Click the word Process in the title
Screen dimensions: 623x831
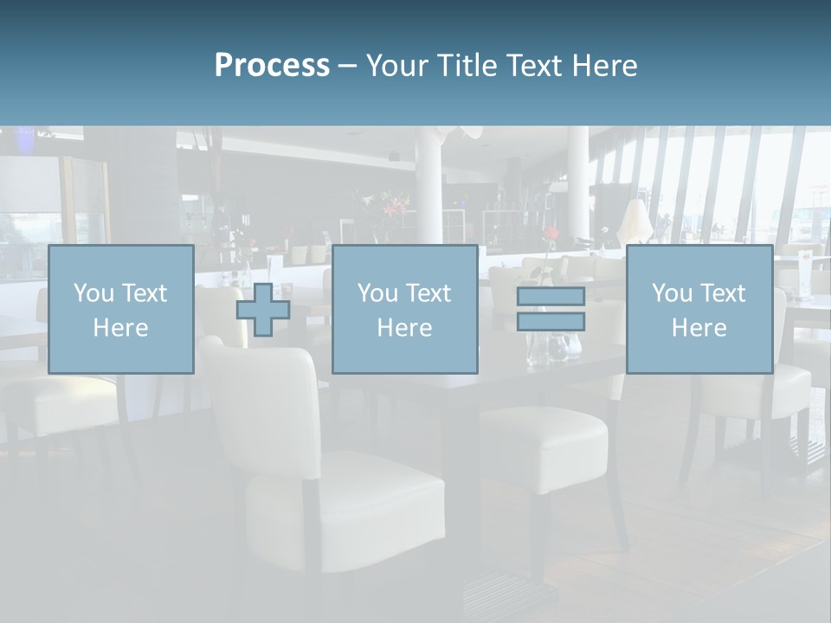[272, 65]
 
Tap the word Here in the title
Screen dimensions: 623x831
[604, 65]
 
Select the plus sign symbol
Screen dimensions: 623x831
[263, 310]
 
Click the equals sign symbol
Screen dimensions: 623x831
[551, 309]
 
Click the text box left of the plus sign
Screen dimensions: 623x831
[121, 310]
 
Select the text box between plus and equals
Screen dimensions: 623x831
[404, 310]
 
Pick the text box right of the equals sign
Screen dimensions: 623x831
[699, 310]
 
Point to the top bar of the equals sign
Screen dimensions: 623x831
[551, 297]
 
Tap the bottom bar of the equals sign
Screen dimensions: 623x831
[551, 322]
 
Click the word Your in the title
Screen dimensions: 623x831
[399, 65]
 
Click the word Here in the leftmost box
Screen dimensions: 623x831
[120, 328]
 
